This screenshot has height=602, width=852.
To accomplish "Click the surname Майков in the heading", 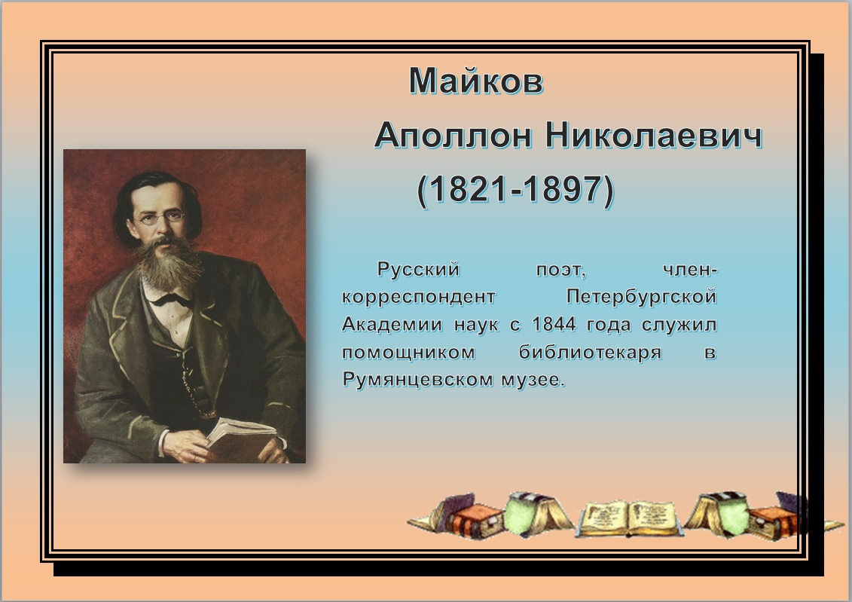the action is pyautogui.click(x=476, y=81).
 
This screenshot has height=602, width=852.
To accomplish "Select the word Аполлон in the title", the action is pyautogui.click(x=453, y=135).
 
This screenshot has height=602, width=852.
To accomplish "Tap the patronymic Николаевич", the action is pyautogui.click(x=654, y=135).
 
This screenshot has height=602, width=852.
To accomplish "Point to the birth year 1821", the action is pyautogui.click(x=469, y=189).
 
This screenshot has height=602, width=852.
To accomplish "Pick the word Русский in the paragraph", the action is pyautogui.click(x=418, y=270).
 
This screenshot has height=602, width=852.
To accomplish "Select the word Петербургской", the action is pyautogui.click(x=642, y=297).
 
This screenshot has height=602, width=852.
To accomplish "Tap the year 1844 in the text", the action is pyautogui.click(x=554, y=325).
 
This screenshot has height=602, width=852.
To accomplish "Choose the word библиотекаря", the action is pyautogui.click(x=591, y=352).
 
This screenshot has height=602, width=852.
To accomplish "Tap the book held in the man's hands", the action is pyautogui.click(x=239, y=438).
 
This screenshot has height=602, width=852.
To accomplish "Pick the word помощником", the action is pyautogui.click(x=408, y=353).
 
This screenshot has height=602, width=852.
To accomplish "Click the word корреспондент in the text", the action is pyautogui.click(x=418, y=298).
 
